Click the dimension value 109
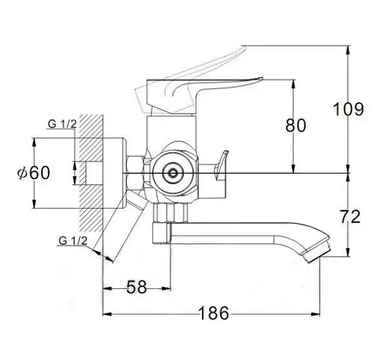click(x=349, y=109)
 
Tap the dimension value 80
click(x=296, y=125)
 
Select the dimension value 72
click(x=350, y=217)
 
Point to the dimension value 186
click(x=214, y=313)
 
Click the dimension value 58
click(x=137, y=287)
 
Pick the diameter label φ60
click(x=34, y=173)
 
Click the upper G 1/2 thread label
click(x=63, y=124)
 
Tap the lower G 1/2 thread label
click(x=73, y=240)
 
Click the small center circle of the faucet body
click(x=172, y=173)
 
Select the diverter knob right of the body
click(x=221, y=165)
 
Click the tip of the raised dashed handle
click(x=243, y=47)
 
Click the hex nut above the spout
click(x=170, y=213)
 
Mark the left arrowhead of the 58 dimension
click(x=107, y=288)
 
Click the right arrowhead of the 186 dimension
click(x=316, y=314)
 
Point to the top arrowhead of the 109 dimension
click(x=348, y=50)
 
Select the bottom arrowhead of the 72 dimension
click(x=348, y=253)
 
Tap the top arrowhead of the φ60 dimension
click(x=34, y=142)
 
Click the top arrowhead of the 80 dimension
click(x=293, y=84)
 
